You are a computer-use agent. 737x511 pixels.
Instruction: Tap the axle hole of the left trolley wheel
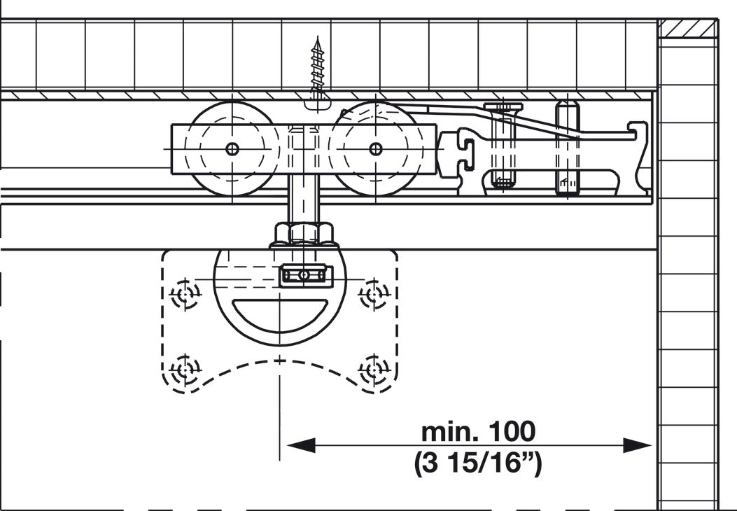click(x=232, y=149)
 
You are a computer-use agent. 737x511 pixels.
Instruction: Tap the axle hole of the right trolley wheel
click(x=376, y=149)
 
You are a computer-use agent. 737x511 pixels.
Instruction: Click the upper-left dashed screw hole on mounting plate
click(x=185, y=295)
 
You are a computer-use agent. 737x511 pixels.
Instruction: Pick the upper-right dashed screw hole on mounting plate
click(x=374, y=295)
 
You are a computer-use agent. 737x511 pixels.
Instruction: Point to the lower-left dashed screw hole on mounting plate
click(x=185, y=370)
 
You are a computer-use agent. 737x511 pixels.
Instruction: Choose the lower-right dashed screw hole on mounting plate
click(x=374, y=370)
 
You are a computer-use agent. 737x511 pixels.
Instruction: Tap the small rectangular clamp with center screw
click(x=306, y=276)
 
